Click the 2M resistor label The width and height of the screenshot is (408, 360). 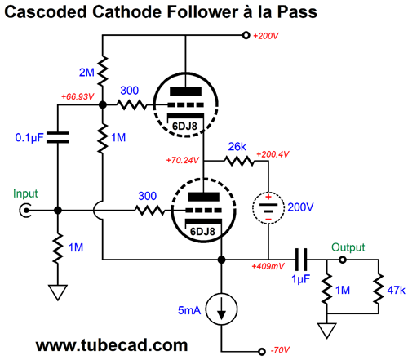tap(86, 73)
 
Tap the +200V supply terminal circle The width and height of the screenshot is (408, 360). tap(246, 35)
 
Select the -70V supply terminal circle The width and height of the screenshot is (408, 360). tap(262, 352)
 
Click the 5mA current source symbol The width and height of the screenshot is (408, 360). tap(221, 309)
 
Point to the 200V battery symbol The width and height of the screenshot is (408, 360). tap(268, 208)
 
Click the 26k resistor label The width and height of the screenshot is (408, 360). tap(237, 147)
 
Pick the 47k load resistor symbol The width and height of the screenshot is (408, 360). tap(378, 289)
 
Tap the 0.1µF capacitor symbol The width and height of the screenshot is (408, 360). tap(58, 137)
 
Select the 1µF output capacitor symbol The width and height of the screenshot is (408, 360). tap(301, 260)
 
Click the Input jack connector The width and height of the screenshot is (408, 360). tap(25, 211)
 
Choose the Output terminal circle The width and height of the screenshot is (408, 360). tap(343, 260)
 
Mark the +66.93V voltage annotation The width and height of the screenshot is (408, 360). tap(78, 96)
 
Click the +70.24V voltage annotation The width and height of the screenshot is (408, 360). tap(183, 160)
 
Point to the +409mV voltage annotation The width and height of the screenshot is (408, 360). tap(268, 266)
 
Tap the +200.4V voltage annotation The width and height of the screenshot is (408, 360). tap(273, 154)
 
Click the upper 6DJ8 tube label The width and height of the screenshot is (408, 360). tap(184, 127)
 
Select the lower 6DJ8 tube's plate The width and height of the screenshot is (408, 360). tap(203, 197)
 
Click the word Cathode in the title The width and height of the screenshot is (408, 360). tap(126, 12)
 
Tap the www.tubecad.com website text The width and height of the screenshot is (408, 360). tap(112, 345)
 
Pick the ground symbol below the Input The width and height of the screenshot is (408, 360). tap(58, 292)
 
